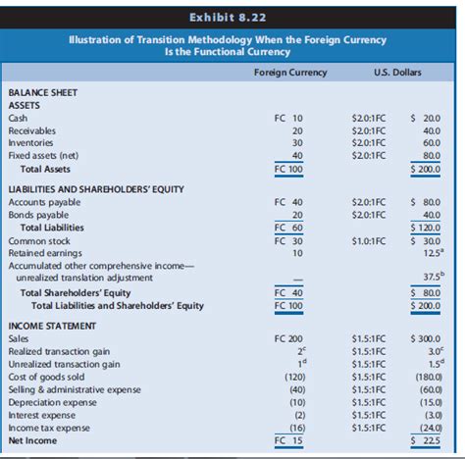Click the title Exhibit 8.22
tap(232, 16)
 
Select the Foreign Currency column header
tap(289, 72)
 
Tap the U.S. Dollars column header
tap(397, 72)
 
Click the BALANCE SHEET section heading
tap(42, 91)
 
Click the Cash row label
tap(19, 118)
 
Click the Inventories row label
tap(30, 143)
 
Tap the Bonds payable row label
tap(37, 215)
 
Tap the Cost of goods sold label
tap(47, 376)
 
